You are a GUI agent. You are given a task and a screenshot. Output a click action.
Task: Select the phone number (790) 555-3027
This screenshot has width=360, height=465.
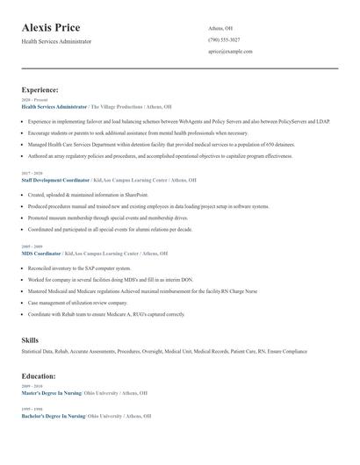click(x=224, y=39)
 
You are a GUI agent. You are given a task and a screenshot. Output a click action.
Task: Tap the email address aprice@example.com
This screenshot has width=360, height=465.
click(x=230, y=52)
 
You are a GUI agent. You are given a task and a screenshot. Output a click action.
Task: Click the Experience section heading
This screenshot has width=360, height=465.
click(x=40, y=89)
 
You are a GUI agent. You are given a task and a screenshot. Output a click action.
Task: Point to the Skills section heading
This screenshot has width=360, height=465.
click(x=30, y=339)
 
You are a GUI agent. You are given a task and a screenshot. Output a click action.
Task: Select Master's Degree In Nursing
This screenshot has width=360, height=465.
click(x=52, y=392)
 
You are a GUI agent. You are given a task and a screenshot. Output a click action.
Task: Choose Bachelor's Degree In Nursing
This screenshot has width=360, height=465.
click(x=54, y=416)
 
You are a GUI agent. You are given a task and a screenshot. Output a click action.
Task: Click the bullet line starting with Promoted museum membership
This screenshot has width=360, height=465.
click(x=102, y=218)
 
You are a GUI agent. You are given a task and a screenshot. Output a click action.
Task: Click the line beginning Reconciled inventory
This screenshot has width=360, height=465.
click(x=79, y=268)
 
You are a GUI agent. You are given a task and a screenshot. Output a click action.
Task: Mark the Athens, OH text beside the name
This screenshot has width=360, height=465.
click(x=220, y=28)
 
